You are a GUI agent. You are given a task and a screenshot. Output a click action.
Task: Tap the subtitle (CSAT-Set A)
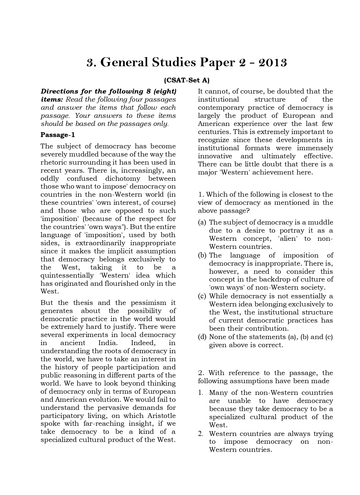187,80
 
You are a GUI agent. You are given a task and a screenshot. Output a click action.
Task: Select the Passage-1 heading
58,135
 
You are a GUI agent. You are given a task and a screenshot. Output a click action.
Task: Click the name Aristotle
161,416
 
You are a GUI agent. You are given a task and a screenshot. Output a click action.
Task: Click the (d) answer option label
202,337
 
